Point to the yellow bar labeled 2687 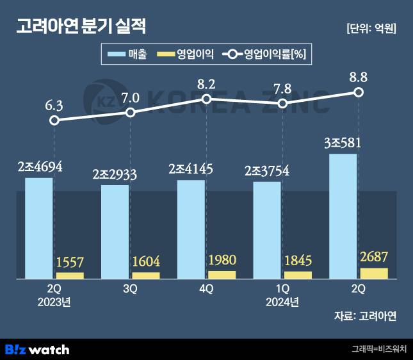pos(374,274)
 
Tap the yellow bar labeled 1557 pos(70,275)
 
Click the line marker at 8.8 pos(359,92)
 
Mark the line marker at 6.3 pos(55,120)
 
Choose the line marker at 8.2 pos(207,99)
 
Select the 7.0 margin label pos(131,98)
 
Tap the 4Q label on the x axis pos(206,289)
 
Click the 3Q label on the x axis pos(131,289)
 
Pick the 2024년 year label pos(282,301)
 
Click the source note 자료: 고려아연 pos(365,316)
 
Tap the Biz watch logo pos(36,349)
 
